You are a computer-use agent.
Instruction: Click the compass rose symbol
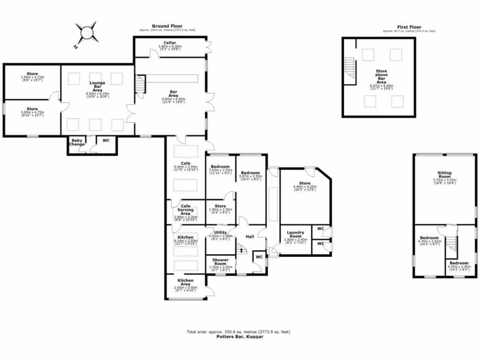(x=87, y=33)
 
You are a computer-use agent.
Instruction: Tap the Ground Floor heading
(x=167, y=26)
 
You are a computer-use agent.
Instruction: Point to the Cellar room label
(x=170, y=43)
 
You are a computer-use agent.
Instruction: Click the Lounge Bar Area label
(x=97, y=86)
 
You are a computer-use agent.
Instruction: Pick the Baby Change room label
(x=77, y=142)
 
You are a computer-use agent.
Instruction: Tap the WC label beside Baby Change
(x=106, y=140)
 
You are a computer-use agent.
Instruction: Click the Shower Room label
(x=220, y=262)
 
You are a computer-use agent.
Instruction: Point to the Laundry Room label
(x=295, y=234)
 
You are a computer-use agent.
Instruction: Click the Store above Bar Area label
(x=381, y=76)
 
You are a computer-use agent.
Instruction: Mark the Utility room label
(x=220, y=232)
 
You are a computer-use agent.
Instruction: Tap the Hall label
(x=250, y=237)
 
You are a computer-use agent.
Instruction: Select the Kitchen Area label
(x=185, y=282)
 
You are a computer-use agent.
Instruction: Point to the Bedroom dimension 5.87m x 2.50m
(x=250, y=176)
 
